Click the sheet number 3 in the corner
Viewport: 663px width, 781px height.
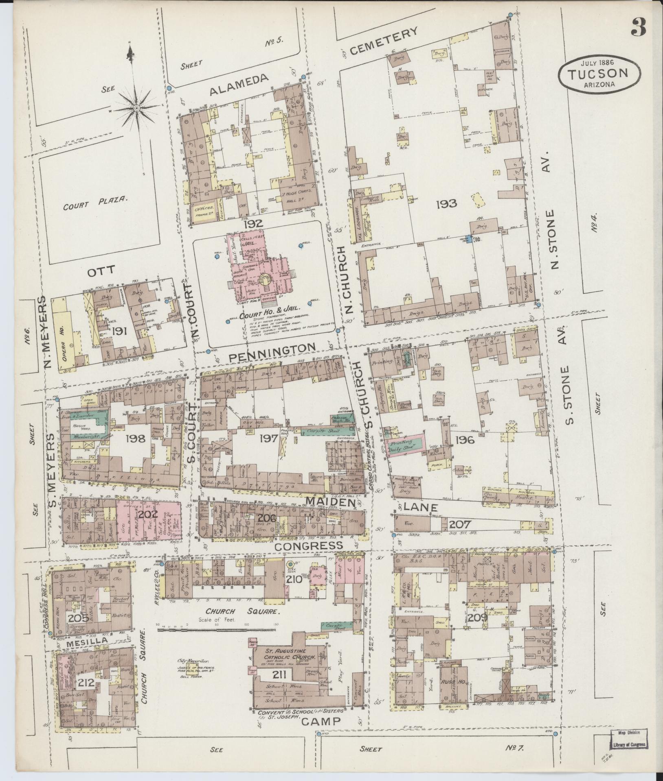click(x=639, y=27)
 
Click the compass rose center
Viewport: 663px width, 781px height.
click(x=136, y=108)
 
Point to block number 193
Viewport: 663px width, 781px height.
click(x=446, y=203)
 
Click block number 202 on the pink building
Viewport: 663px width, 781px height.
click(x=147, y=514)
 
